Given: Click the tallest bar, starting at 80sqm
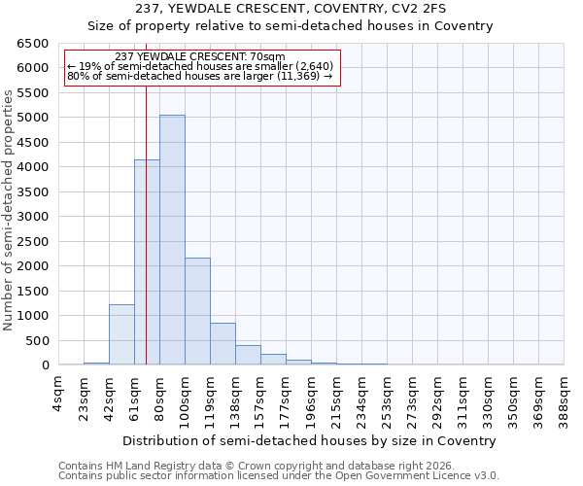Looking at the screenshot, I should tap(172, 239).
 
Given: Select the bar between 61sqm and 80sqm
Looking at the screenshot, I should tap(147, 262).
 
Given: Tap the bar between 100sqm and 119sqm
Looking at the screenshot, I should tap(197, 311).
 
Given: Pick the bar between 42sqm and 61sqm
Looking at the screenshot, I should tap(121, 334).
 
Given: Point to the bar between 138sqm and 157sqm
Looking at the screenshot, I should tap(248, 355).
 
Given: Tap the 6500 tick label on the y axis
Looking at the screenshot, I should tap(32, 44).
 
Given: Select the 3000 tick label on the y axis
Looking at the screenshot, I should tap(32, 217).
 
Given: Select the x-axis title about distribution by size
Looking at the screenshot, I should tap(311, 440).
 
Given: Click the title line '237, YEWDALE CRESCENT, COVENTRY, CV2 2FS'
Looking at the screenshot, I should tap(291, 9).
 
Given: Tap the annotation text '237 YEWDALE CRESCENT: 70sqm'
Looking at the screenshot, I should tap(199, 57).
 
